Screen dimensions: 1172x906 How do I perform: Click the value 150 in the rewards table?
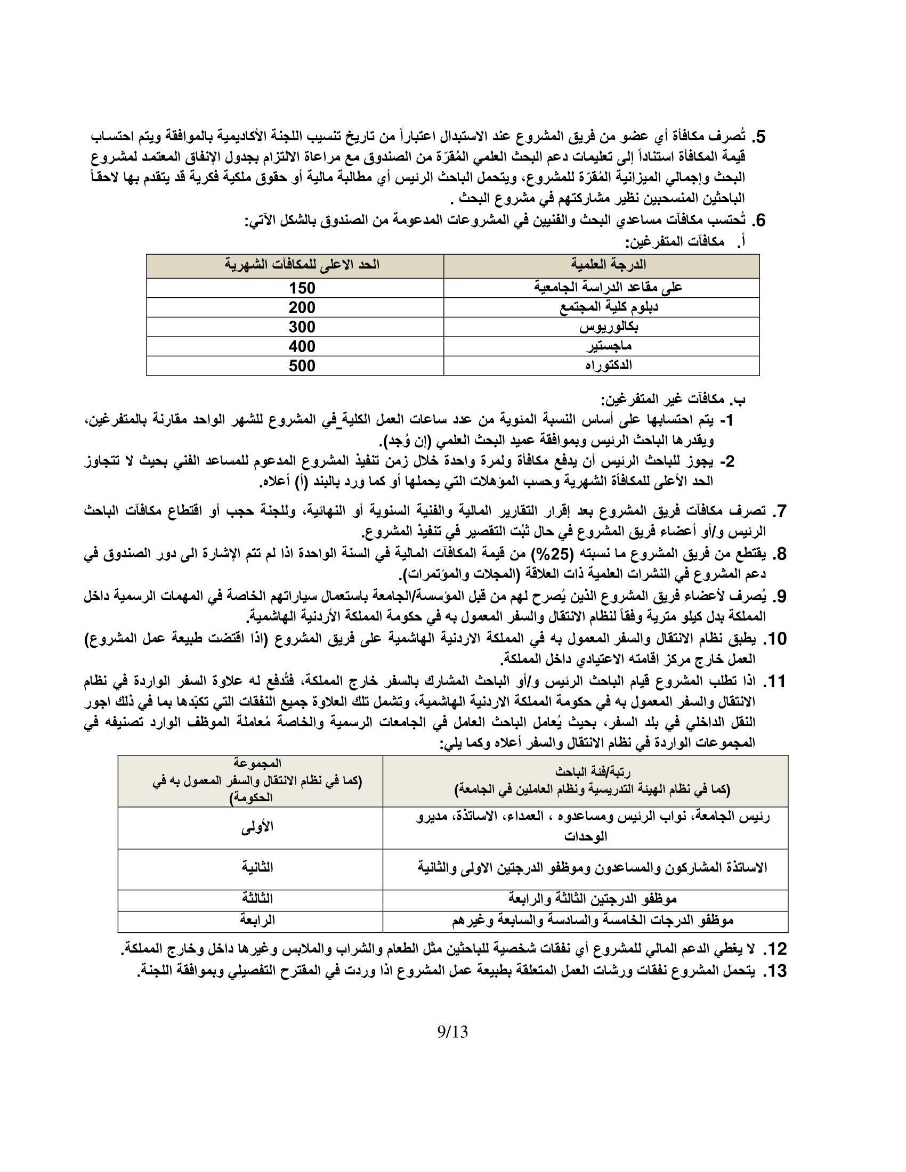tap(302, 288)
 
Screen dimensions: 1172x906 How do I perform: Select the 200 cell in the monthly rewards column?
tap(302, 307)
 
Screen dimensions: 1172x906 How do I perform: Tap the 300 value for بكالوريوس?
tap(302, 327)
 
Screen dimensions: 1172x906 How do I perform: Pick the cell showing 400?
tap(302, 346)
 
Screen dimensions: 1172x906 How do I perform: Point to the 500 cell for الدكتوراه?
tap(302, 366)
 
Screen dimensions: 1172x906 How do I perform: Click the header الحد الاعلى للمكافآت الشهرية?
tap(302, 265)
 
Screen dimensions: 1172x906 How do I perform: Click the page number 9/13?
tap(452, 1031)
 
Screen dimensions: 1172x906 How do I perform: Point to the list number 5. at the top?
tap(758, 137)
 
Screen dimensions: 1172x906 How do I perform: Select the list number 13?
tap(774, 971)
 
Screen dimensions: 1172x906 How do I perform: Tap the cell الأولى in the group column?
tap(257, 827)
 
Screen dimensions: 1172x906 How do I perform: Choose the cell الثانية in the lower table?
tap(257, 867)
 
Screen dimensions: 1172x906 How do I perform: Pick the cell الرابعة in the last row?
tap(257, 920)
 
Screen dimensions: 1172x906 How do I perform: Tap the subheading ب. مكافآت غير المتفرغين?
tap(673, 399)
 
